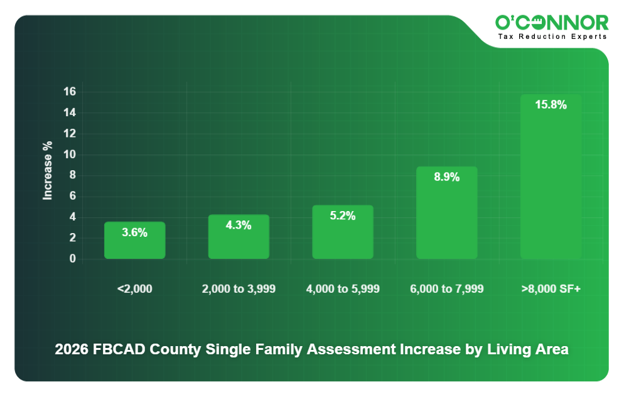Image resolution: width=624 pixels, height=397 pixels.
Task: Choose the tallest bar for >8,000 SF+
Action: point(551,182)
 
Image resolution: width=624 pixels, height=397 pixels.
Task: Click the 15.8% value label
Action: point(551,105)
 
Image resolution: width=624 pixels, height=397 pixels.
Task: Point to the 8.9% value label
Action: point(446,177)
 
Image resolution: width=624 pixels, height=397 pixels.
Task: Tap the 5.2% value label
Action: point(343,216)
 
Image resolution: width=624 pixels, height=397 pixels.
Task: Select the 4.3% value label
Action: point(239,225)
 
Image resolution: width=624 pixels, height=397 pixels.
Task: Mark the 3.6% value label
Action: point(134,232)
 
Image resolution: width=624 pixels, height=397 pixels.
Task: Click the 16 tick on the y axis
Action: point(69,92)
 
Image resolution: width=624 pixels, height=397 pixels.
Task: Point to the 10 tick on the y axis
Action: point(69,155)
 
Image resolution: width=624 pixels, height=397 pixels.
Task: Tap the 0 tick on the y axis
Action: point(72,259)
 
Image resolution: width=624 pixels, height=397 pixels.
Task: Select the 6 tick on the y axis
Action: point(72,196)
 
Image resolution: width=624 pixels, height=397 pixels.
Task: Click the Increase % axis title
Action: point(48,171)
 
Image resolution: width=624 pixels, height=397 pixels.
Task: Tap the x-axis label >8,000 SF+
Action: point(551,289)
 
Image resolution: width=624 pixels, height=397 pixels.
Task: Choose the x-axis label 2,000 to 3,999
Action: point(239,289)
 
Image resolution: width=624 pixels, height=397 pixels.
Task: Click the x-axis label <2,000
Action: point(134,289)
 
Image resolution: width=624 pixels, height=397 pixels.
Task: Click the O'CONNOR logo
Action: point(551,23)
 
